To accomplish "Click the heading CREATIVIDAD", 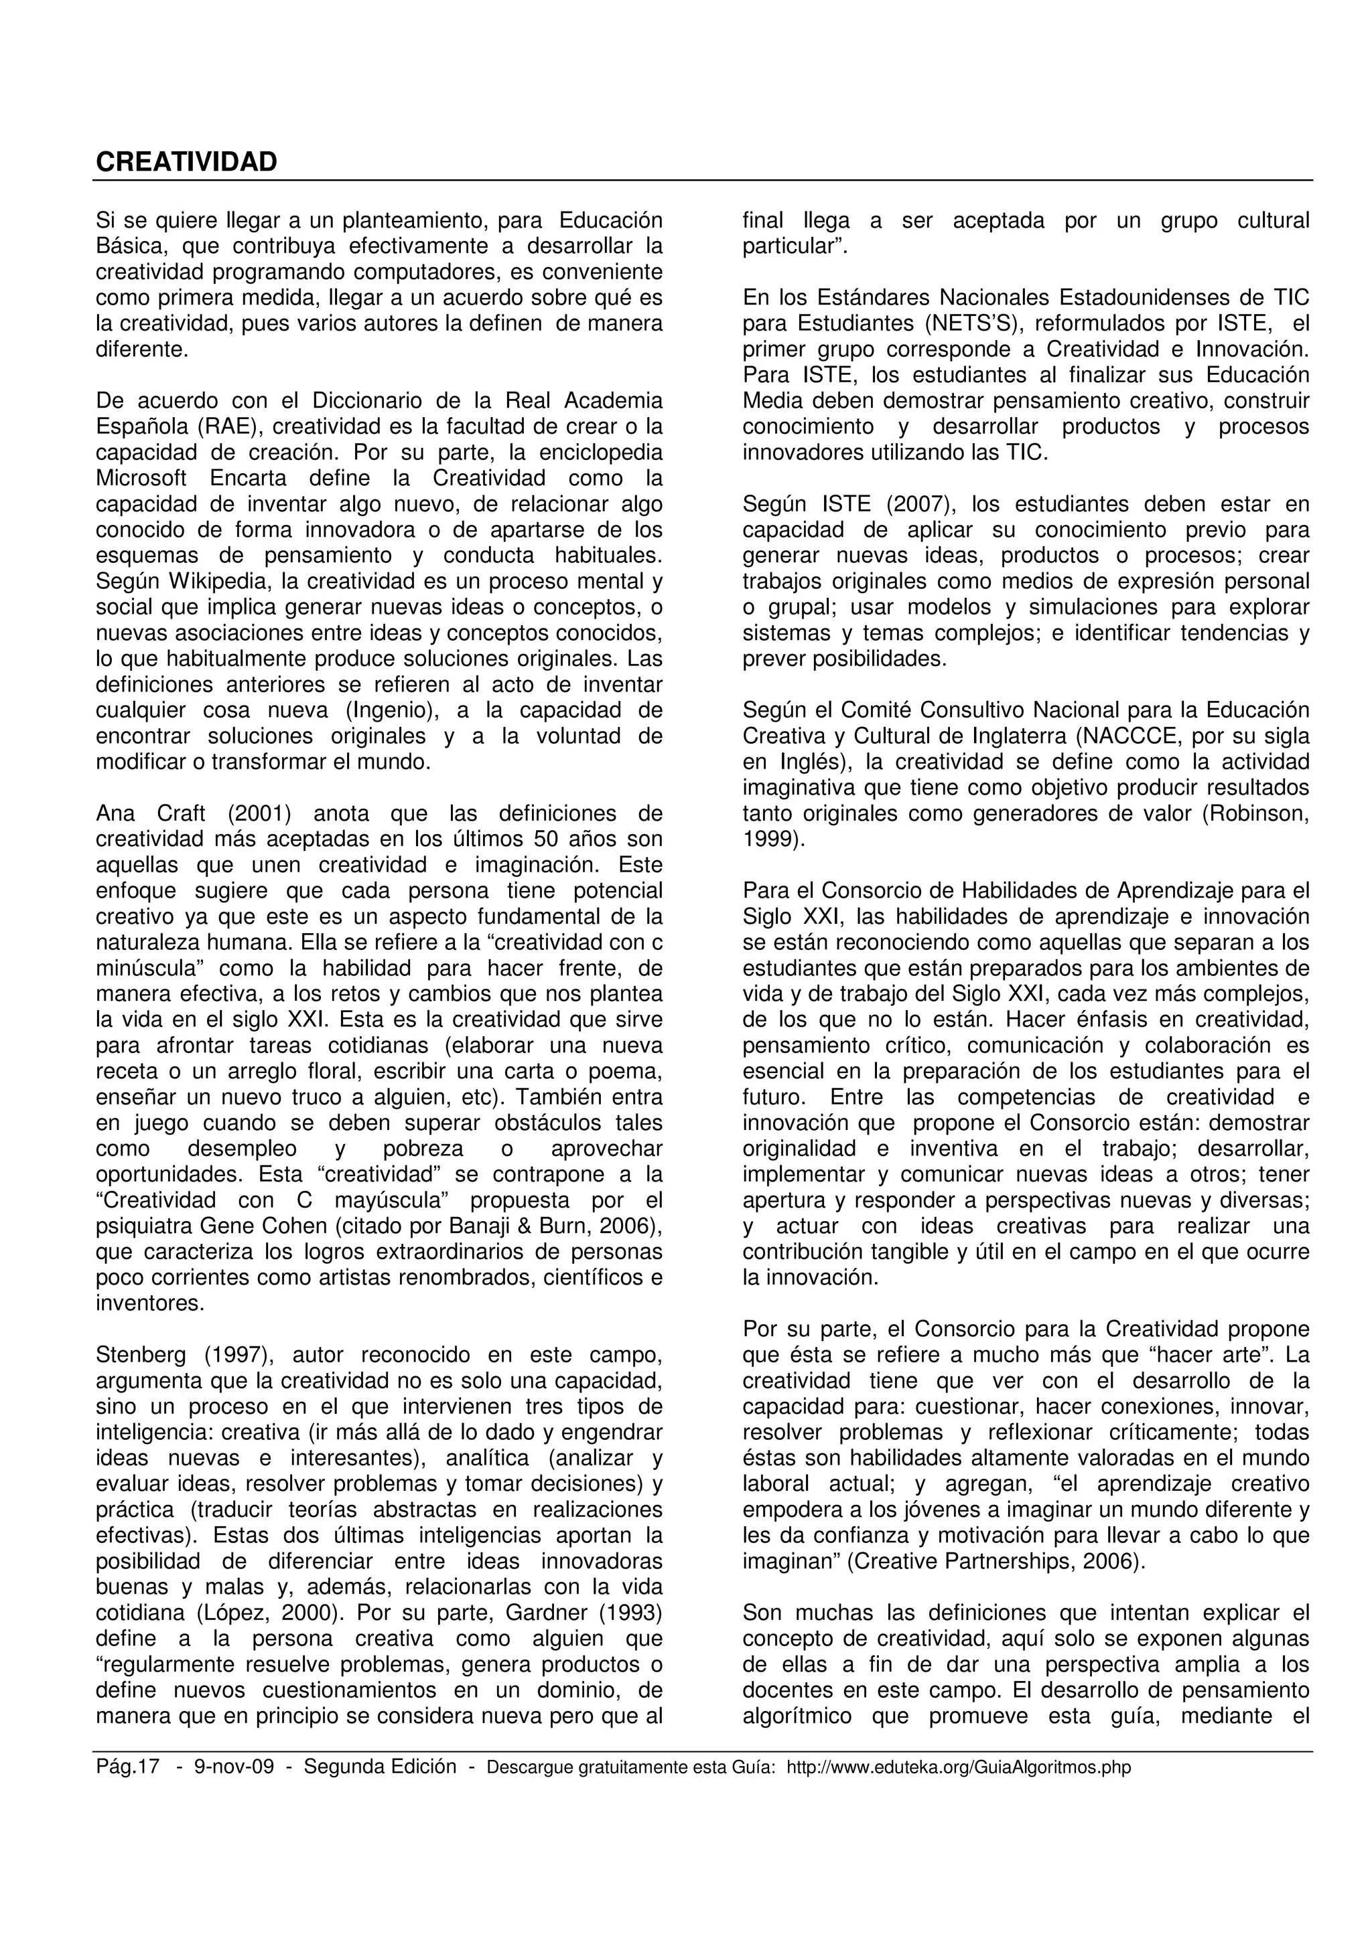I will (x=186, y=162).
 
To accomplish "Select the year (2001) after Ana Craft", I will (x=259, y=813).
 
